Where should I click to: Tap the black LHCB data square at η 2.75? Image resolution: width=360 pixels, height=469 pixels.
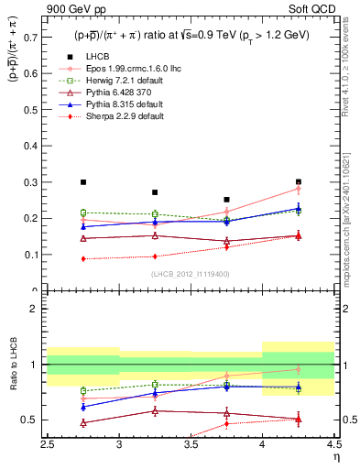pyautogui.click(x=83, y=182)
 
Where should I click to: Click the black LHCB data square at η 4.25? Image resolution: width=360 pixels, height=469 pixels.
pyautogui.click(x=298, y=181)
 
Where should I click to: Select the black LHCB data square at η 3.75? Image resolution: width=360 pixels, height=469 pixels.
pyautogui.click(x=226, y=199)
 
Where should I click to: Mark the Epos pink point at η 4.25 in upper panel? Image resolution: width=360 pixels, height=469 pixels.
pyautogui.click(x=298, y=189)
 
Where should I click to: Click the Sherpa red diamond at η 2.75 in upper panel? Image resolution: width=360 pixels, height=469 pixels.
pyautogui.click(x=83, y=258)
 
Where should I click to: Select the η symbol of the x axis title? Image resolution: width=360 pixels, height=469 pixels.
pyautogui.click(x=335, y=457)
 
